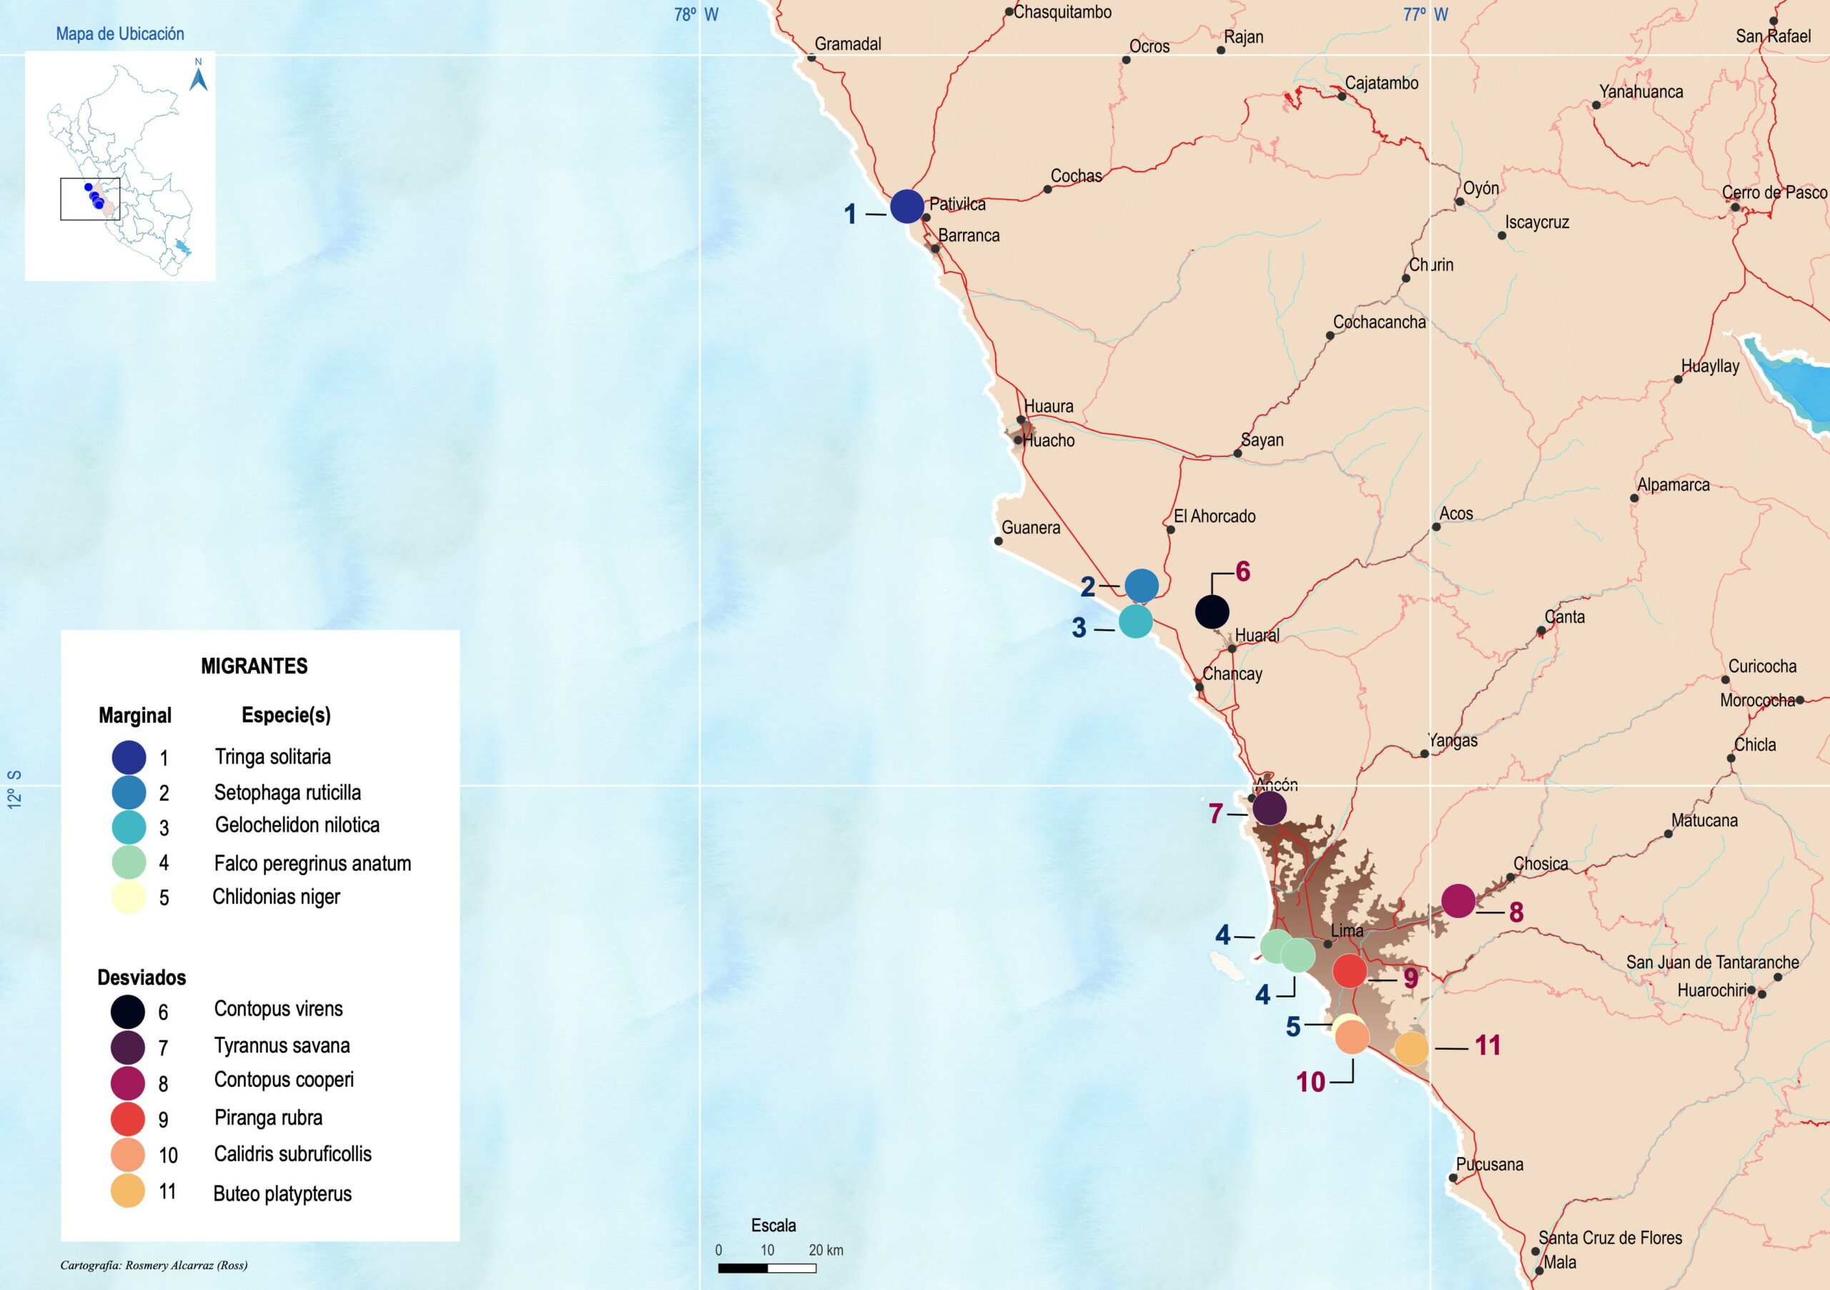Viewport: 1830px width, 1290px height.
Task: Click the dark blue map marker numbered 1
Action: click(x=906, y=207)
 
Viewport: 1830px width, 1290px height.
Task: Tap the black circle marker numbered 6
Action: click(x=1212, y=611)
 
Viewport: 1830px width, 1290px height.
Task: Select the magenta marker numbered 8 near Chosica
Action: click(x=1458, y=901)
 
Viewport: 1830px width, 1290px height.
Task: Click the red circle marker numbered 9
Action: click(x=1350, y=970)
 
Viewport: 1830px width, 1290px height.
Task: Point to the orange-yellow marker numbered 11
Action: click(x=1411, y=1048)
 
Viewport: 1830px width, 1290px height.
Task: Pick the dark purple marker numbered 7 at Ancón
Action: click(x=1270, y=807)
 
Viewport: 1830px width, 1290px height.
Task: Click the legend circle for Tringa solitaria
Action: click(x=129, y=757)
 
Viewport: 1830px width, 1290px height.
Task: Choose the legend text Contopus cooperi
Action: click(x=284, y=1080)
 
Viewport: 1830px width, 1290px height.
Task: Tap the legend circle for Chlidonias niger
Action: click(x=129, y=897)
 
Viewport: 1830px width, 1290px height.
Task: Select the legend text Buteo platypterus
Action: click(x=282, y=1193)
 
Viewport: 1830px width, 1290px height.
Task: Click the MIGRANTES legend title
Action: click(x=254, y=666)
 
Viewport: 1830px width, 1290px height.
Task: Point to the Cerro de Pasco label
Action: click(x=1774, y=192)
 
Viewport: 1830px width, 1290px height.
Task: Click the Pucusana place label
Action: click(x=1489, y=1164)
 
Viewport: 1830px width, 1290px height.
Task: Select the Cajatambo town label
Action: click(x=1381, y=83)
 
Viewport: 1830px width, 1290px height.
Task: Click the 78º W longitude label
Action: click(x=696, y=14)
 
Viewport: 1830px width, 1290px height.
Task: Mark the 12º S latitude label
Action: click(x=14, y=789)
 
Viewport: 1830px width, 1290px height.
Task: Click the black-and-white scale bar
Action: click(x=767, y=1268)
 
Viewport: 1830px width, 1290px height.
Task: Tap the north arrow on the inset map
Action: click(x=199, y=77)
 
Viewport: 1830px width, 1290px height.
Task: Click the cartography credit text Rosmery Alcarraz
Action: click(x=154, y=1265)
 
